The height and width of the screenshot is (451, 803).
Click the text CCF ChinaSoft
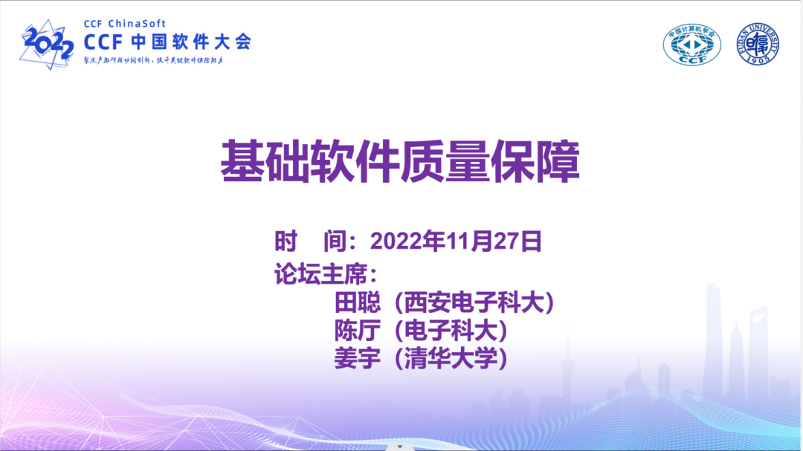[x=125, y=24]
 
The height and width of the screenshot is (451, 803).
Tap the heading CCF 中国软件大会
[x=167, y=42]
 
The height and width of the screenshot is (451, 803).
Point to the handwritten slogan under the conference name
[x=153, y=60]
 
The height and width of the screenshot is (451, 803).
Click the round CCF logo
[x=691, y=46]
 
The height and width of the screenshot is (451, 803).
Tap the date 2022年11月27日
[x=456, y=241]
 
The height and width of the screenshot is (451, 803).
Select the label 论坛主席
[x=321, y=273]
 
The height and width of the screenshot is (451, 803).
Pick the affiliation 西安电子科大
[x=474, y=302]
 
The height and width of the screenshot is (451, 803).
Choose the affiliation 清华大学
[x=451, y=359]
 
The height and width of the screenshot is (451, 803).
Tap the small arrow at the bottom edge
[x=400, y=447]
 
